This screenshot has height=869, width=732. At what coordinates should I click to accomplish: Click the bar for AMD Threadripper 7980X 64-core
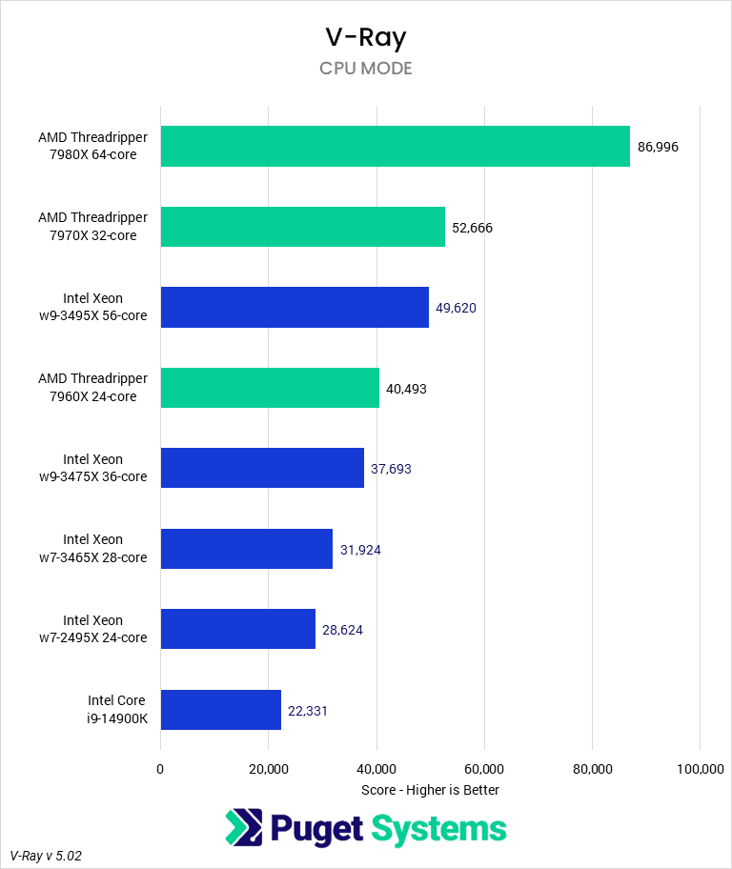395,147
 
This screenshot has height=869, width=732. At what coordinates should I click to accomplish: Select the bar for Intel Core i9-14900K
220,710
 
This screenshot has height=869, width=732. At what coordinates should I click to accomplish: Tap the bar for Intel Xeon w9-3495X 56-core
295,307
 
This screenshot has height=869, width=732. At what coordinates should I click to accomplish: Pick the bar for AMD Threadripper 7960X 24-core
270,388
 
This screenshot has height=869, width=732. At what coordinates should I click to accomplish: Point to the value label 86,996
658,148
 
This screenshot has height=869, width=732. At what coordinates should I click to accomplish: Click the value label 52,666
473,228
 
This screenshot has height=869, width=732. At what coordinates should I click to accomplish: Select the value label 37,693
391,469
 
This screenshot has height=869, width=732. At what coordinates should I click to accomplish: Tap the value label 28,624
342,630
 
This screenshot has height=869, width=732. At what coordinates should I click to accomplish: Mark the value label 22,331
308,711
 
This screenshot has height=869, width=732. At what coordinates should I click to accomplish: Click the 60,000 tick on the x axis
484,769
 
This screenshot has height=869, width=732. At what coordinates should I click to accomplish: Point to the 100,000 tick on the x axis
700,769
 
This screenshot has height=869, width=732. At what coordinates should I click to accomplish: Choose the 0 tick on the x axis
160,769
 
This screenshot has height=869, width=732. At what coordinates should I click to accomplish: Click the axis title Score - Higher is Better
430,790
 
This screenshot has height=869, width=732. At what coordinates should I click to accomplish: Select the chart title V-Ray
366,38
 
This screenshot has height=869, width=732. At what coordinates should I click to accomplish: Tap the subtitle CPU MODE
366,69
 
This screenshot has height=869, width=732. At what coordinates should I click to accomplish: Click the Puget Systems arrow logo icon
244,827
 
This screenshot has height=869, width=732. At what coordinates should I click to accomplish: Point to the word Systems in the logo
438,829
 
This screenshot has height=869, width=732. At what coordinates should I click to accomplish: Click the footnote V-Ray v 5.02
46,856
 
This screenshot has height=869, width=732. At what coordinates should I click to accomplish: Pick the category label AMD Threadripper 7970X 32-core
93,227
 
